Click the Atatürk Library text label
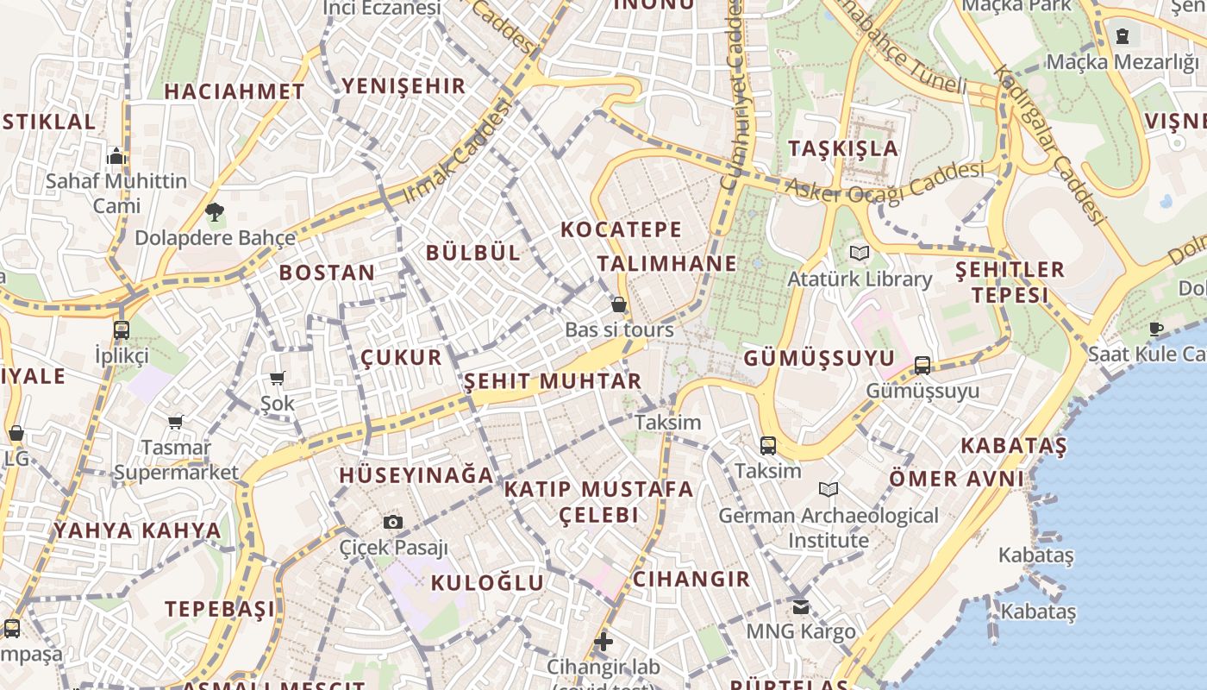860,279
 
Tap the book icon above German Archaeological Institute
828,490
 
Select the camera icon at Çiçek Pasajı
393,522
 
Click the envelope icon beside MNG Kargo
801,606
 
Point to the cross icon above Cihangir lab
603,642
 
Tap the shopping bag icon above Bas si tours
619,304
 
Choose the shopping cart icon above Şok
278,378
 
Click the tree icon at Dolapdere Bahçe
215,211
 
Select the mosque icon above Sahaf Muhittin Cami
116,156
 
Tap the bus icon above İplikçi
122,329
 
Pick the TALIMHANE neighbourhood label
667,263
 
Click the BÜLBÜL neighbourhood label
473,253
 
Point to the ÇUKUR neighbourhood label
401,357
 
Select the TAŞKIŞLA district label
843,148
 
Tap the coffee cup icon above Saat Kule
1155,329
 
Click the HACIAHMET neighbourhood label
235,91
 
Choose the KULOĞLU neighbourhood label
487,583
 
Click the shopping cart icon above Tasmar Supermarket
176,422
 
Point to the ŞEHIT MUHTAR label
553,381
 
